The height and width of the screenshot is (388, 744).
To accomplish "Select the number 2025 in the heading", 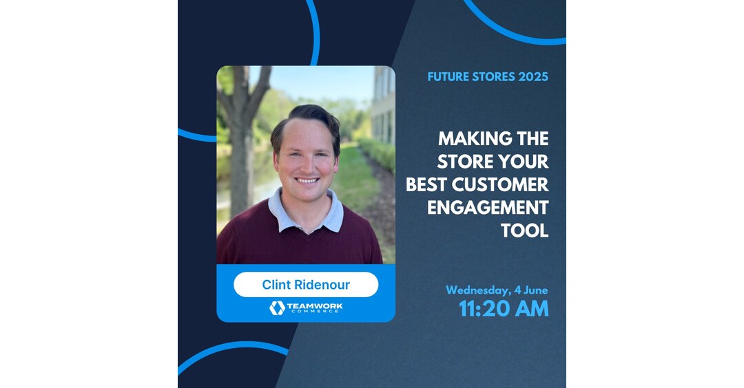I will [x=531, y=77].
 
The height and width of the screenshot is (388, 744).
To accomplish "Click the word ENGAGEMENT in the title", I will [x=488, y=208].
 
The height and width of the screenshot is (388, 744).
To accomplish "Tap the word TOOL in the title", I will [x=525, y=230].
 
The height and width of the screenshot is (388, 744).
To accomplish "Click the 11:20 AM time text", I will [x=504, y=309].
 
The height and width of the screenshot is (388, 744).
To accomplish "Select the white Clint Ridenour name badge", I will [x=306, y=285].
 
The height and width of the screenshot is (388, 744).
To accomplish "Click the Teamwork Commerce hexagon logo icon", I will [x=277, y=308].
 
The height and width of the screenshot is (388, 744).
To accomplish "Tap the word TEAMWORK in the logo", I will [x=315, y=305].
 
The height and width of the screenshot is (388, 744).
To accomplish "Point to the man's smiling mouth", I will [x=307, y=181].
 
